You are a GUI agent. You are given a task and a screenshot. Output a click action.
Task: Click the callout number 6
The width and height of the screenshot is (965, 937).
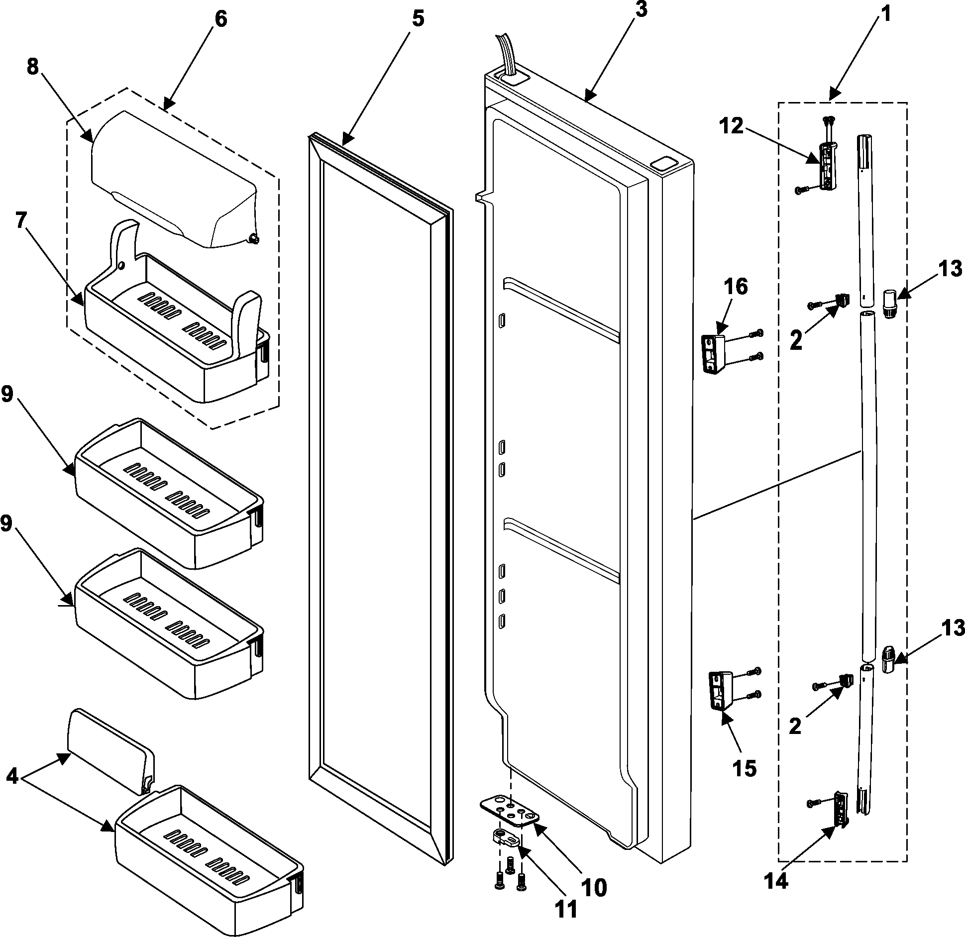220,19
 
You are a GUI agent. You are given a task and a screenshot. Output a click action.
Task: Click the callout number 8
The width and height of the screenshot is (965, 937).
33,66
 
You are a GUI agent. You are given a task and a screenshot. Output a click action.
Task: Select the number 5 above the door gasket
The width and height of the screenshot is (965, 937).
418,19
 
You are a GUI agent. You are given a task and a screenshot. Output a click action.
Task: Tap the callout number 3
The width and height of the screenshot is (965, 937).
641,9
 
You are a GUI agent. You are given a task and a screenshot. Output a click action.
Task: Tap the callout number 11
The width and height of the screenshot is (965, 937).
565,909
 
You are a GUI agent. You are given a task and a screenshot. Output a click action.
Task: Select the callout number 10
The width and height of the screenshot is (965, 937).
593,887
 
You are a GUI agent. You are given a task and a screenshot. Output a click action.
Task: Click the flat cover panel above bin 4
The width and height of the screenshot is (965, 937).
109,752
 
